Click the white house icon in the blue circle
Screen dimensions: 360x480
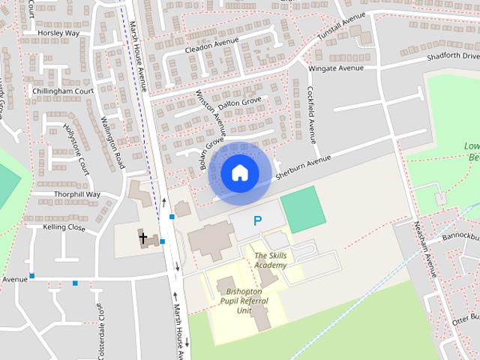[239, 172]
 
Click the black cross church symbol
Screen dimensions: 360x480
[143, 238]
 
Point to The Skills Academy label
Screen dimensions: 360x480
[270, 260]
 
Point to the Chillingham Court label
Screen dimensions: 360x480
[61, 91]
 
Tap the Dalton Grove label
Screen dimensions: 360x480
[239, 100]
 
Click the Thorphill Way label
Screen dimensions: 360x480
[76, 194]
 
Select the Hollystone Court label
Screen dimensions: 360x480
[76, 149]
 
